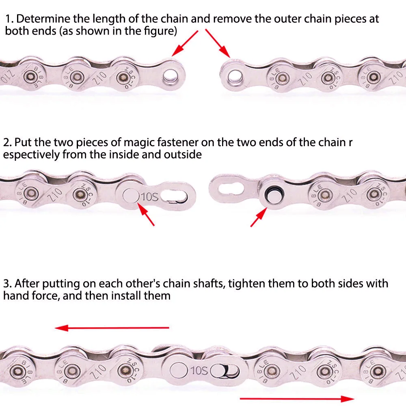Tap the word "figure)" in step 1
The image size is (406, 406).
pyautogui.click(x=159, y=31)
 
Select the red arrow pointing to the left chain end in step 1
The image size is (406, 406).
pyautogui.click(x=185, y=43)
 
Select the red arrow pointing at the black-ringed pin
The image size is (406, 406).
pyautogui.click(x=259, y=216)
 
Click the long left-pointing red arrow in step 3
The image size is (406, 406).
pyautogui.click(x=112, y=328)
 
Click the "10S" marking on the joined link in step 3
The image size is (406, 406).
pyautogui.click(x=199, y=370)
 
